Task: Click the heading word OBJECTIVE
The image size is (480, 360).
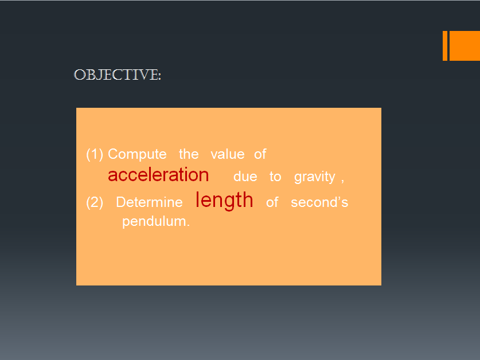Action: coord(117,75)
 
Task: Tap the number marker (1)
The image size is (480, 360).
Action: coord(95,154)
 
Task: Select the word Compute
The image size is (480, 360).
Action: coord(137,154)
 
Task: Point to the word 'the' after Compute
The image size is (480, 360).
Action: coord(189,154)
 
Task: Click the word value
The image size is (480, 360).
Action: coord(228,154)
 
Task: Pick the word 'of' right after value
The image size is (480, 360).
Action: coord(260,154)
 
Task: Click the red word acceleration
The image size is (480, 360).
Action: coord(158,175)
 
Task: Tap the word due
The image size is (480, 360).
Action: coord(245,177)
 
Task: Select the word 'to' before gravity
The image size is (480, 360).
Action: coord(275,177)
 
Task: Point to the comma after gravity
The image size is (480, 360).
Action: coord(342,181)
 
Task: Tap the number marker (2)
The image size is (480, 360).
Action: coord(95,202)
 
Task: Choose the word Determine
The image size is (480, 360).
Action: coord(149,202)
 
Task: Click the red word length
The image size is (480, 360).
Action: coord(224,201)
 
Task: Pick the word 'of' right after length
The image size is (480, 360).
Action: coord(272,202)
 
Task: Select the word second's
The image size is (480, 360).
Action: coord(319,202)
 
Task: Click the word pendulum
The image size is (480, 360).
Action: coord(154,221)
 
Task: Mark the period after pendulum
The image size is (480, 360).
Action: coord(188,225)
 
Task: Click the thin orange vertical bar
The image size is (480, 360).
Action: coord(445,46)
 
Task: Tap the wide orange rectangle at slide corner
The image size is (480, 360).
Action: coord(465,46)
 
